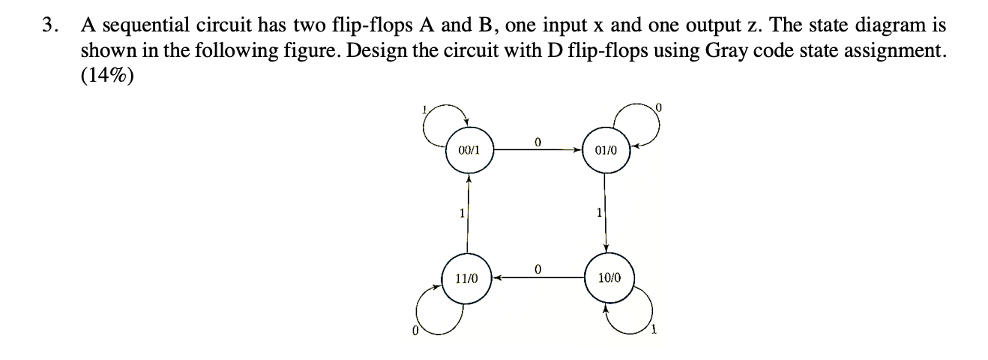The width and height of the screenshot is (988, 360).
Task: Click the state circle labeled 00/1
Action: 468,150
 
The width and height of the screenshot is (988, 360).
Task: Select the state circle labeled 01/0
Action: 606,150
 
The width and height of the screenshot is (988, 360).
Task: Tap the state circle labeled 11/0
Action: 468,278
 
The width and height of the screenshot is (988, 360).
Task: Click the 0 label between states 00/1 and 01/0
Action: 537,140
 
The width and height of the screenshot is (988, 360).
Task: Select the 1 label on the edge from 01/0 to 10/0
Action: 597,214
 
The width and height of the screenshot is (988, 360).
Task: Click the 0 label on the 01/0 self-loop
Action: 659,109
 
